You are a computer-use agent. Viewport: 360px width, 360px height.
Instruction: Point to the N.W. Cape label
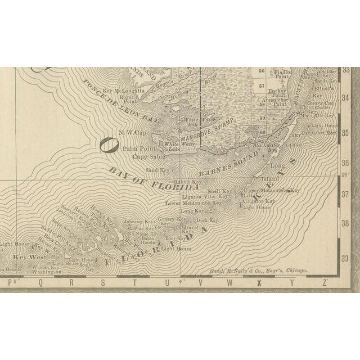[133, 133]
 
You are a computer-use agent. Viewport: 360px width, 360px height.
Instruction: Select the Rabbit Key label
[188, 182]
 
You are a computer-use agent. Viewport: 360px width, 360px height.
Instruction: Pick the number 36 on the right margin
[345, 162]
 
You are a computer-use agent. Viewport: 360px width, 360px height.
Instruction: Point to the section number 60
[262, 133]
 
